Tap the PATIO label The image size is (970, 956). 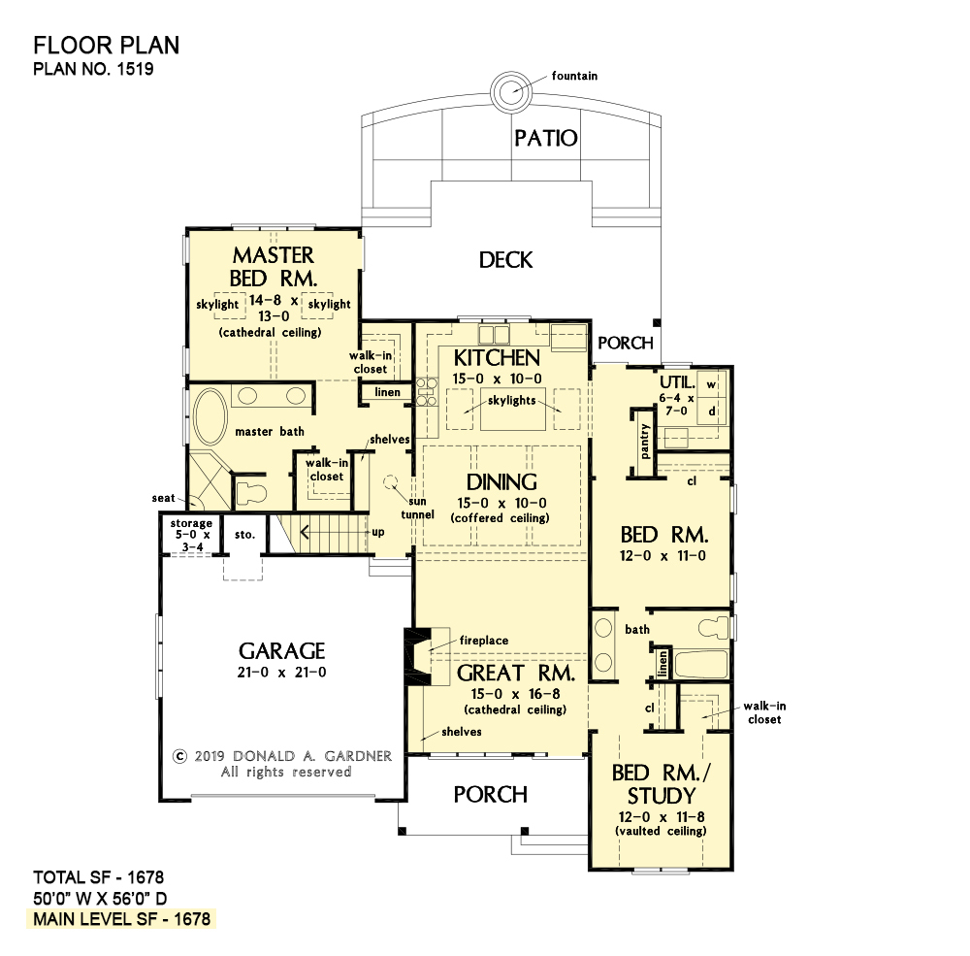(546, 138)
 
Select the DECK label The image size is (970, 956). (505, 260)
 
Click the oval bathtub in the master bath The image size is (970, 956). (210, 416)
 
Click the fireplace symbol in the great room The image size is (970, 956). (418, 656)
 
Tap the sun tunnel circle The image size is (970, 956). (390, 481)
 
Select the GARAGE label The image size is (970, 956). (282, 650)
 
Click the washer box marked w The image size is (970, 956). (712, 384)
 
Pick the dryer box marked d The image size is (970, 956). (712, 412)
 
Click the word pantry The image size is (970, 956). (645, 441)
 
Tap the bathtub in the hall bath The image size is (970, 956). (701, 665)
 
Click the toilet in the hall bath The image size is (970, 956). (714, 627)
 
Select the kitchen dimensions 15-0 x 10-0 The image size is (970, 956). (498, 379)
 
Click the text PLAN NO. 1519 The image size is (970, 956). (93, 69)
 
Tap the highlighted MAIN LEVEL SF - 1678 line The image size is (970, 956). (122, 919)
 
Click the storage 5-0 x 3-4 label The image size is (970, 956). (192, 535)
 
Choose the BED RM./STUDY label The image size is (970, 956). (662, 784)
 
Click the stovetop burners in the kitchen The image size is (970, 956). (426, 392)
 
